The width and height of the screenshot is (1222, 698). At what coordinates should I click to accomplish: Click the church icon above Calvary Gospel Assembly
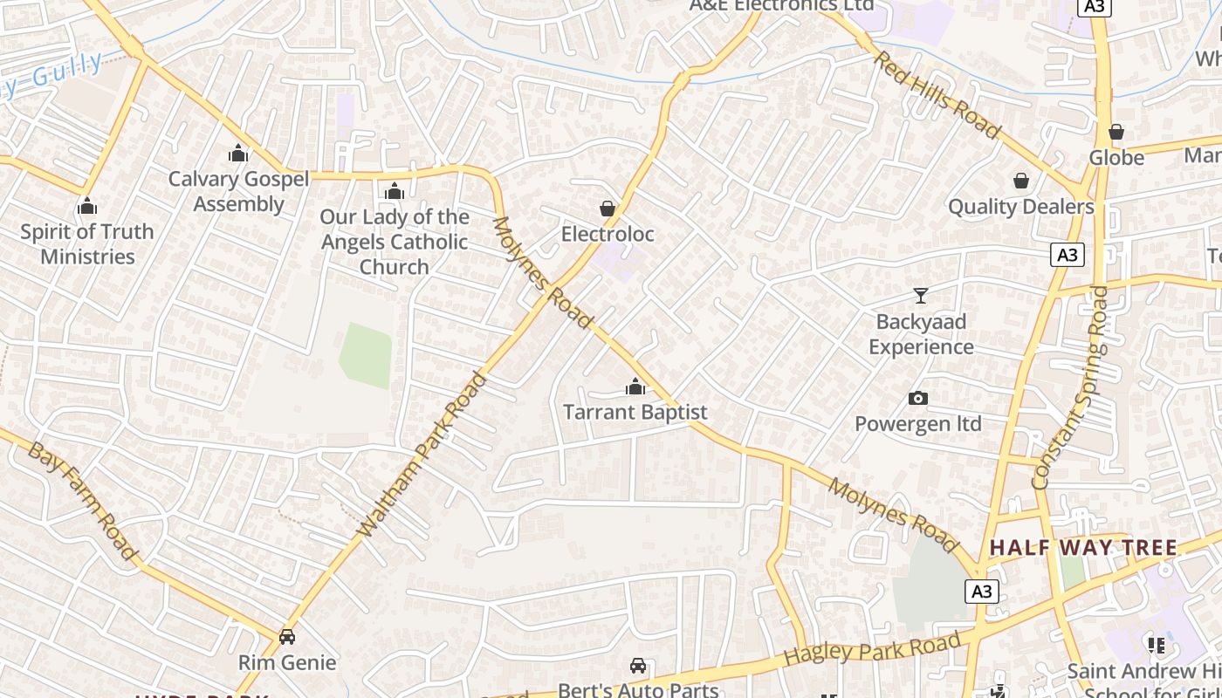coord(238,154)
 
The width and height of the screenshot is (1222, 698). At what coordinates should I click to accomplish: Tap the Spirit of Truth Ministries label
coord(87,244)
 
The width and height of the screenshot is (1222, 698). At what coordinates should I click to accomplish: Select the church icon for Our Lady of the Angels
coord(395,191)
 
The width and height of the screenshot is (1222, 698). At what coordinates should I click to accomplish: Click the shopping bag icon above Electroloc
coord(608,209)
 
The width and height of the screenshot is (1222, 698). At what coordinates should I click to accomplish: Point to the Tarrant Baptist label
coord(635,412)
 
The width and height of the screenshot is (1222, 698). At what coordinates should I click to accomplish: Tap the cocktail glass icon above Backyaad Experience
coord(921,296)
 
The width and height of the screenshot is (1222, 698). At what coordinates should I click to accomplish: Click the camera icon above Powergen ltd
coord(918,399)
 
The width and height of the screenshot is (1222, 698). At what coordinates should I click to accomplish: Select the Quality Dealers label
coord(1020,207)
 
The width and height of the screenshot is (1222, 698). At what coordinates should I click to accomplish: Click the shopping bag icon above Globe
coord(1116,133)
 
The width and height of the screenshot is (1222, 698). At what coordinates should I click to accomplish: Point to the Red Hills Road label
coord(937,95)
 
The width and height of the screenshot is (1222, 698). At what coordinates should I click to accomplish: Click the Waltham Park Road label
coord(422,455)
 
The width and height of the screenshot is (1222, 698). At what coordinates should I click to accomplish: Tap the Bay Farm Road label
coord(82,501)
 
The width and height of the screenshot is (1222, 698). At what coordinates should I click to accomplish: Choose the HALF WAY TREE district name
coord(1082,548)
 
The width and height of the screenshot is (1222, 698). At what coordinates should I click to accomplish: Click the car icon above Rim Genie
coord(287,637)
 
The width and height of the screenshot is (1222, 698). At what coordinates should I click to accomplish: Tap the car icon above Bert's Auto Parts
coord(638,666)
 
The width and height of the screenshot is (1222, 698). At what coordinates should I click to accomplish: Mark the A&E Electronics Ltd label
coord(781,5)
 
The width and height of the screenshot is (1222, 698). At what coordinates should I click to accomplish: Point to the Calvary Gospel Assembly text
coord(238,191)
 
